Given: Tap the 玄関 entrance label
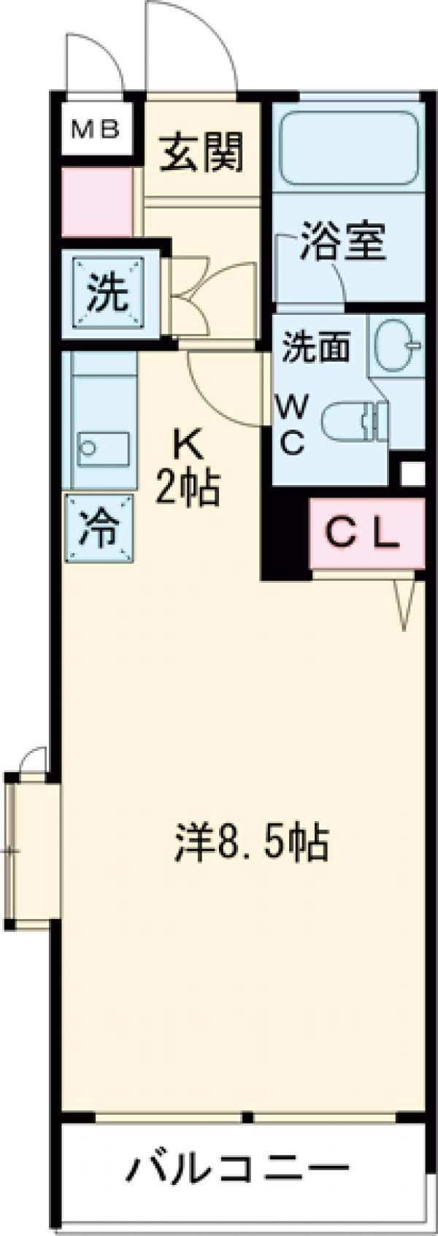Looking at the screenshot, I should pyautogui.click(x=201, y=152).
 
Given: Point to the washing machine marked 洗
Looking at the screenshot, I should pyautogui.click(x=108, y=294).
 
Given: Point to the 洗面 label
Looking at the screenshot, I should pyautogui.click(x=315, y=346).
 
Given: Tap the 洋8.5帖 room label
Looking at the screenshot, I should pyautogui.click(x=251, y=842).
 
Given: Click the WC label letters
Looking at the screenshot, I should pyautogui.click(x=293, y=424).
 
